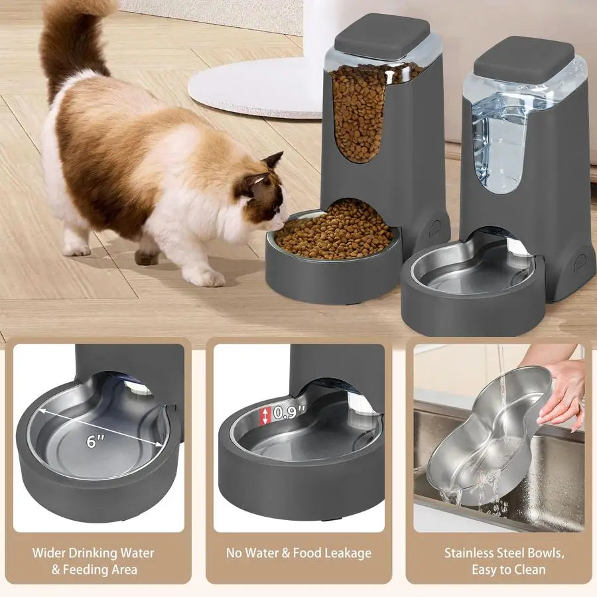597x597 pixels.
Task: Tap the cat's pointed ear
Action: coord(273,161)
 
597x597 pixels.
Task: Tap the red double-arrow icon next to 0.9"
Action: coord(265,416)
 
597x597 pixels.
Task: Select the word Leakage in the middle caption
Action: coord(347,553)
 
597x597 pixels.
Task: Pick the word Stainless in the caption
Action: coord(469,553)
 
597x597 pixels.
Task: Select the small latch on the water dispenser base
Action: coord(581,261)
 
